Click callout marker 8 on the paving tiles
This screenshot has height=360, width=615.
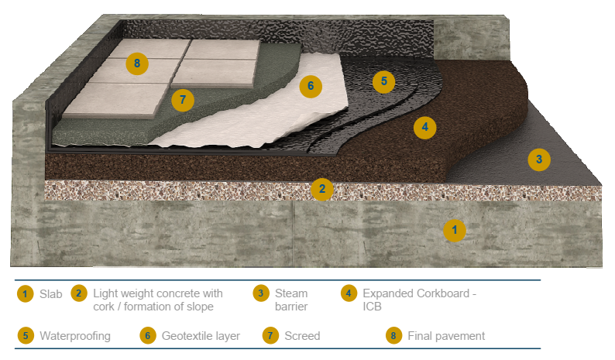(x=137, y=63)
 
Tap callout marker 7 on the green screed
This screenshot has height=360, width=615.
(x=182, y=101)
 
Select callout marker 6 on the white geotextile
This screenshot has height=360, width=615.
(x=311, y=86)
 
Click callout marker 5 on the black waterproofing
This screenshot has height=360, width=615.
(x=383, y=81)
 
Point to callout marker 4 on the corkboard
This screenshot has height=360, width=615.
(x=424, y=126)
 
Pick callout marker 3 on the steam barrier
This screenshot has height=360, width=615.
(x=539, y=159)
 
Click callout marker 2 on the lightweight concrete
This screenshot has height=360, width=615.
(x=321, y=189)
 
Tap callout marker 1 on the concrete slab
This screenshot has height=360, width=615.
(x=455, y=230)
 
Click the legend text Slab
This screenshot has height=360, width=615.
(x=51, y=293)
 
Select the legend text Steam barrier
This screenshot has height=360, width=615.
(x=292, y=300)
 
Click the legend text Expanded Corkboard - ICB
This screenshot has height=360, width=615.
(x=418, y=300)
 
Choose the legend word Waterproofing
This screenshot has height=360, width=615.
(x=75, y=336)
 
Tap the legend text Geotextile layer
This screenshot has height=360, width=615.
(x=201, y=336)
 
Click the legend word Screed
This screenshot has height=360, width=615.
(x=302, y=336)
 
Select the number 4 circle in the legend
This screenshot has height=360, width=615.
(x=349, y=293)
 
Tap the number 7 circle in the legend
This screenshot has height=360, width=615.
(x=270, y=336)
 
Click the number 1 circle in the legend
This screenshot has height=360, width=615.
(x=26, y=293)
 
